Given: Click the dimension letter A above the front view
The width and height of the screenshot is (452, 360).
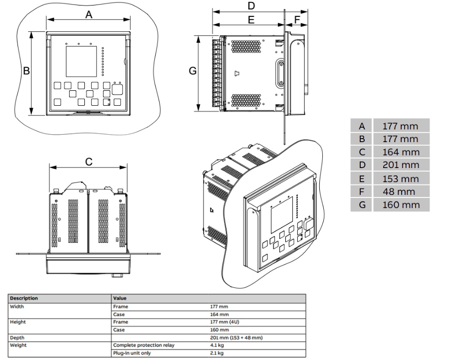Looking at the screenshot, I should click(x=89, y=14).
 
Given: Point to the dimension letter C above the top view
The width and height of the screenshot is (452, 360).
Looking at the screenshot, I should click(x=88, y=162).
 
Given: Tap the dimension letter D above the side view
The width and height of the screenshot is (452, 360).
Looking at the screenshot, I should click(x=251, y=6).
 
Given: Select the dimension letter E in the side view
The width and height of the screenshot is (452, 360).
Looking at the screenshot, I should click(x=251, y=19).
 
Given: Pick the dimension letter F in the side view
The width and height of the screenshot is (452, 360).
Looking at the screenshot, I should click(x=297, y=19).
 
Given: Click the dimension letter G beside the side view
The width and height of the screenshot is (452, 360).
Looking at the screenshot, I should click(x=193, y=71).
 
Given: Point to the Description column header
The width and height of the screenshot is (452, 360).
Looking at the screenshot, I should click(x=25, y=299).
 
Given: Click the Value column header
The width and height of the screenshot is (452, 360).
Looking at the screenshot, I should click(x=122, y=299).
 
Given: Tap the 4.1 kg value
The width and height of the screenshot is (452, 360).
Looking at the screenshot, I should click(x=217, y=345).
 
